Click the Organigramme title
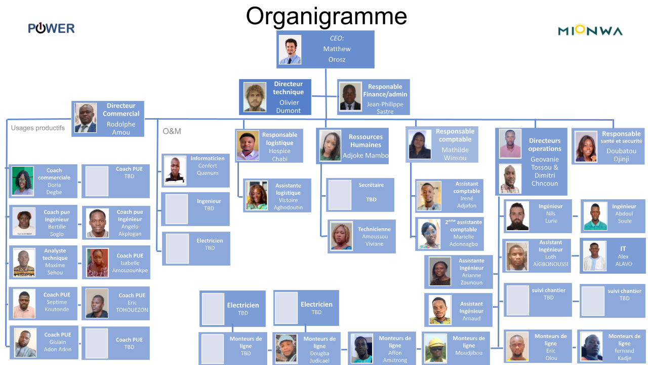tap(326, 16)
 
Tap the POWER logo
tap(51, 28)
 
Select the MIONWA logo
tap(590, 31)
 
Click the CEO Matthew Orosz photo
tap(290, 49)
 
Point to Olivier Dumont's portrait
tap(255, 97)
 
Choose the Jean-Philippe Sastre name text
tap(385, 108)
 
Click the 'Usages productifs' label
tap(38, 128)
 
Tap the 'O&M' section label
tap(172, 131)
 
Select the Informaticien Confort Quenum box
tap(196, 170)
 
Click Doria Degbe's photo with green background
tap(23, 181)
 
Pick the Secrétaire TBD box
tap(360, 195)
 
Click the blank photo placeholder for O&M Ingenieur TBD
tap(177, 209)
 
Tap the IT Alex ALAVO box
tap(613, 256)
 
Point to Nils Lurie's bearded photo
tap(517, 216)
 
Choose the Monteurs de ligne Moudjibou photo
tap(435, 348)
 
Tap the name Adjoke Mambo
tap(366, 156)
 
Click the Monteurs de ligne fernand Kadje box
tap(611, 347)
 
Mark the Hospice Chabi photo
tap(248, 146)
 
